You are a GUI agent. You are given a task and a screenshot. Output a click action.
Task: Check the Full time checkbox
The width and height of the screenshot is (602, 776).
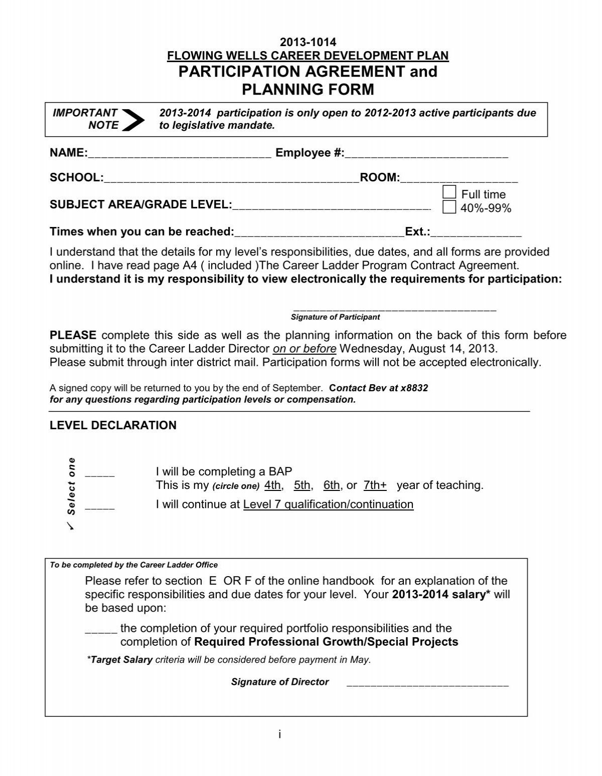[449, 192]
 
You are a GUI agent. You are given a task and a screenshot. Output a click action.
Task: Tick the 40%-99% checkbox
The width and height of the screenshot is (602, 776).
[449, 207]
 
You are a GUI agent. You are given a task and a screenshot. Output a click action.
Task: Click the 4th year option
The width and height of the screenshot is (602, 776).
[273, 485]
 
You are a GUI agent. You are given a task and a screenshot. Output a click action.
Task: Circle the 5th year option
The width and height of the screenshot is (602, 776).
[303, 485]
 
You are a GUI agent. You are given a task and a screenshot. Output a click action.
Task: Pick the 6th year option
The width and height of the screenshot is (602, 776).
[332, 485]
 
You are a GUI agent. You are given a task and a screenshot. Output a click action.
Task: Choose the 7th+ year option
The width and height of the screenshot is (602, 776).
[375, 485]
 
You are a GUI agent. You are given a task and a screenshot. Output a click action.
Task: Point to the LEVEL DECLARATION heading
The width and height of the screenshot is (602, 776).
[113, 425]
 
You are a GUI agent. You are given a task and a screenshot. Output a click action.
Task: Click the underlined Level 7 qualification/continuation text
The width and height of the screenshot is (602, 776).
[328, 504]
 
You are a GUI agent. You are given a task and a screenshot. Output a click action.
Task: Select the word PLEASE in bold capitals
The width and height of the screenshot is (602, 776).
[73, 335]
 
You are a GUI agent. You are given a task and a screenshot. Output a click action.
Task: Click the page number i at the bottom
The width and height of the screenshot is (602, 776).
[279, 734]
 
